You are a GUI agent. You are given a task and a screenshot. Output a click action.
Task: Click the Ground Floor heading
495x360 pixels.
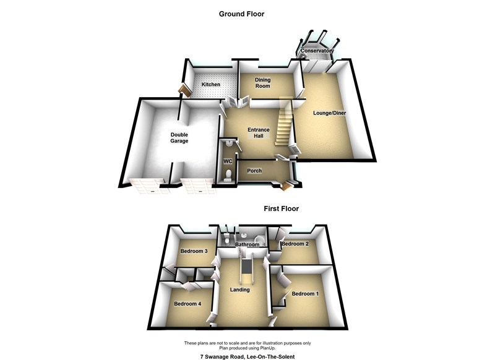241,14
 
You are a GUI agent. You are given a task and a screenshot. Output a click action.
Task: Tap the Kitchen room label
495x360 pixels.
210,84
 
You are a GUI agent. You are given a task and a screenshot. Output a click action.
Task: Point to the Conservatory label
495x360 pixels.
317,51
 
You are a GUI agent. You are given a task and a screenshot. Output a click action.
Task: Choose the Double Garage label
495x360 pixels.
179,137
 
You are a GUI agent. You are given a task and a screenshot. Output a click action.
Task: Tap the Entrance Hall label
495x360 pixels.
258,133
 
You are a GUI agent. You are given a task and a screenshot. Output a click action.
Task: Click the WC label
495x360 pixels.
227,161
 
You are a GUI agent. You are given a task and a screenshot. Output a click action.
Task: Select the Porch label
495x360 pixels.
254,171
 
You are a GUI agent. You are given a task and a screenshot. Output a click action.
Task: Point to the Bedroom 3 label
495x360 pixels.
194,251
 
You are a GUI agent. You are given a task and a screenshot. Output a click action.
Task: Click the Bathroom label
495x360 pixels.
246,245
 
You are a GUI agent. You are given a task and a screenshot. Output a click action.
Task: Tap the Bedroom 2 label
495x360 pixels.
295,244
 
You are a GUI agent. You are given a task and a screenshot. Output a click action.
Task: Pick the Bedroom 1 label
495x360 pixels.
305,293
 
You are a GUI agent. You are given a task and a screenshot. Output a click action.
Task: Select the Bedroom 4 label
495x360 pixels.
187,304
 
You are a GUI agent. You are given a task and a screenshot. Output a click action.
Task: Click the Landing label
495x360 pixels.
239,289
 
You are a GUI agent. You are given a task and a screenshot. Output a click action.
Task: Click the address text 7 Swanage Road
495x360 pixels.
247,357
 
